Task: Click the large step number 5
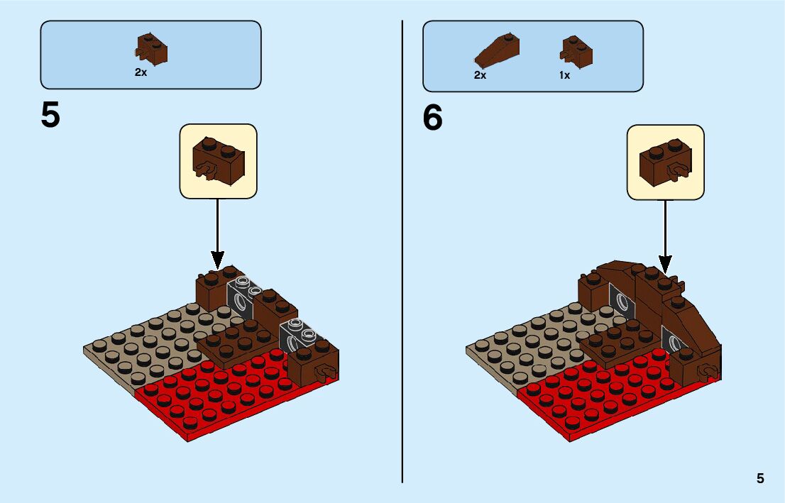50,116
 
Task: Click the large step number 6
432,118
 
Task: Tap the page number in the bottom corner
760,478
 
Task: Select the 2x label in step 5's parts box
141,73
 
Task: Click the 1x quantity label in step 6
564,75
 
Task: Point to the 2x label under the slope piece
481,75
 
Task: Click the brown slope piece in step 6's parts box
496,52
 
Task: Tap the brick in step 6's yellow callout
665,161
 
